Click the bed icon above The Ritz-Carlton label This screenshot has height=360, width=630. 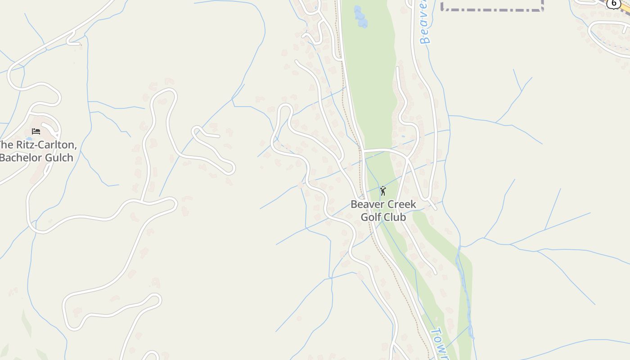click(36, 131)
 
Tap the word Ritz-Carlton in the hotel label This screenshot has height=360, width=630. click(45, 145)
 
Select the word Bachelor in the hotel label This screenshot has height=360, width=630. click(22, 157)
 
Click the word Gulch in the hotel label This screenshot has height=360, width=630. click(59, 157)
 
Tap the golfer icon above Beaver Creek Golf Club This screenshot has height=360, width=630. click(383, 191)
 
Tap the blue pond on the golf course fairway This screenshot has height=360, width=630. click(360, 17)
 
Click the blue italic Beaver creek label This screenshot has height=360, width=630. click(424, 22)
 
